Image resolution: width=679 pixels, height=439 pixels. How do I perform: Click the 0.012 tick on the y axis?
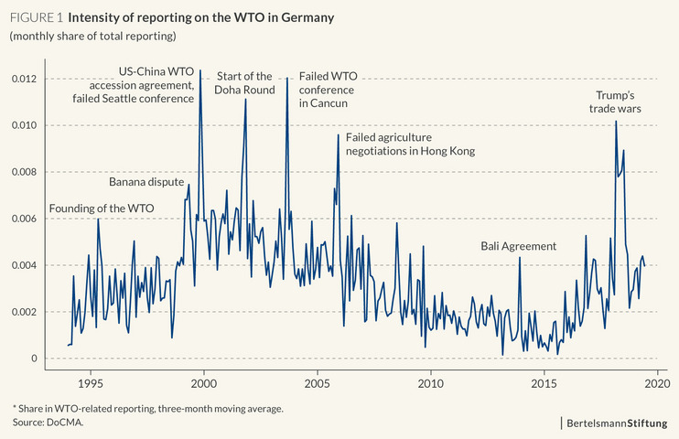[24, 79]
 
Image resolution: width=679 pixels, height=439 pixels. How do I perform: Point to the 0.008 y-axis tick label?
[24, 172]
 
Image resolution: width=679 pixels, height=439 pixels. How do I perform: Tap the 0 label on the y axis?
[35, 359]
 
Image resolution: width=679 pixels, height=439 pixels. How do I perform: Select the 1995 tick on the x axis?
[90, 384]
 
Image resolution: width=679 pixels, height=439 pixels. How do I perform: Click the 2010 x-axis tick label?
[431, 384]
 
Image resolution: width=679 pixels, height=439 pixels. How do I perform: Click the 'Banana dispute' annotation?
[146, 181]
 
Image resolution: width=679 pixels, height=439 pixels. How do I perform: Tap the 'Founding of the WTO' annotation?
[101, 208]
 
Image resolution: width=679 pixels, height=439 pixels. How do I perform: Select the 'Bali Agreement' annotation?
[518, 246]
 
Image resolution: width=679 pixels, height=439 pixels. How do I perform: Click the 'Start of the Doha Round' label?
[244, 83]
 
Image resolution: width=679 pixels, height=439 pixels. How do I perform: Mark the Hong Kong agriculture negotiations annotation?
[410, 144]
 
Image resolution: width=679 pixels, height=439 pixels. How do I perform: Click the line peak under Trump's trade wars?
[616, 122]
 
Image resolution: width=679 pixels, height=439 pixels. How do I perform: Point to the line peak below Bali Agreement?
[520, 258]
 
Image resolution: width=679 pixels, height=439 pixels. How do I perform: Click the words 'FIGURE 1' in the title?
[35, 17]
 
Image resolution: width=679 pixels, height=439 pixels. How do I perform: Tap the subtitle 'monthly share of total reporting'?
[92, 36]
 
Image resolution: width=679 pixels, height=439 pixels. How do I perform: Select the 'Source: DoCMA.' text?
[42, 423]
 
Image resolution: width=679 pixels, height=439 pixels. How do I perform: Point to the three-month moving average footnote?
[146, 408]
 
